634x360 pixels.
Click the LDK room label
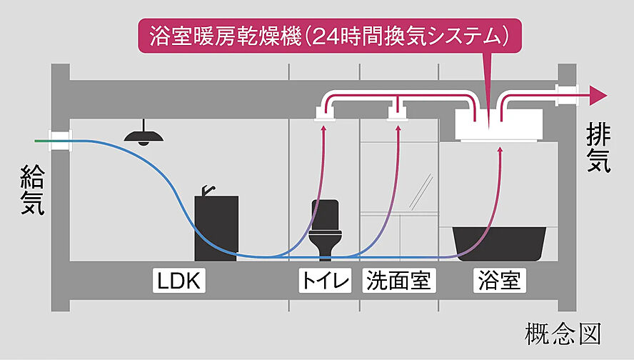(x=180, y=281)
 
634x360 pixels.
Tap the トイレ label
(x=326, y=281)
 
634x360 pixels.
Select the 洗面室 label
(x=398, y=281)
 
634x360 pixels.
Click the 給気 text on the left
(x=32, y=189)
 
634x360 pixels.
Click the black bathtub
(x=500, y=243)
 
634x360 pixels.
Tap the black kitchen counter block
(x=216, y=229)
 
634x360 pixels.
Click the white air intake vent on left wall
(x=60, y=139)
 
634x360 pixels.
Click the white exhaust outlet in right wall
(x=566, y=94)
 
